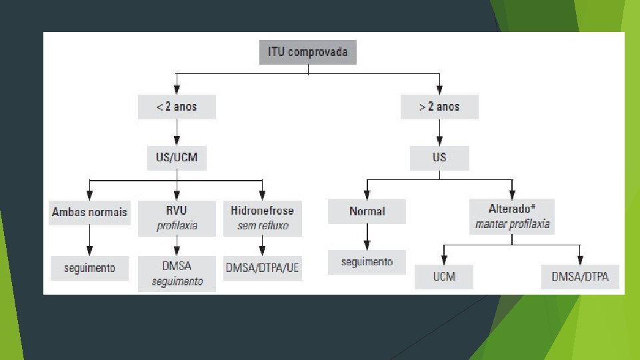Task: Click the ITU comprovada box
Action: tap(307, 52)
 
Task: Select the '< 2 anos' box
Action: tap(177, 107)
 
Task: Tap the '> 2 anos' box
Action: tap(439, 107)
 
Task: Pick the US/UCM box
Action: tap(177, 159)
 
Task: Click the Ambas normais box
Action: tap(89, 211)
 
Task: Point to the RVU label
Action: tap(177, 211)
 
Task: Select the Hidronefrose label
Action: tap(262, 211)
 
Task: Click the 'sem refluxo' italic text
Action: tap(262, 225)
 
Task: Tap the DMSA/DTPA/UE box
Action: tap(262, 268)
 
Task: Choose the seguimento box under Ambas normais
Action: tap(89, 268)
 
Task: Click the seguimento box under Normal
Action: tap(367, 262)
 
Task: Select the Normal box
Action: tap(367, 211)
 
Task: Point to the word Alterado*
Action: tap(512, 209)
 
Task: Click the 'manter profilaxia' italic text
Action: tap(512, 224)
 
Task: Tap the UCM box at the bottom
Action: tap(444, 276)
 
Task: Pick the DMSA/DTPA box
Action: tap(580, 276)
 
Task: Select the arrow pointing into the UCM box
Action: tap(444, 255)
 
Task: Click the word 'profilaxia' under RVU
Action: tap(177, 225)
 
